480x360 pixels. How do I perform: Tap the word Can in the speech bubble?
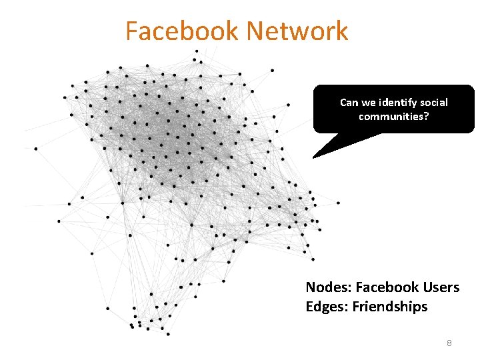349,103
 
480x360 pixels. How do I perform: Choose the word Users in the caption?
441,287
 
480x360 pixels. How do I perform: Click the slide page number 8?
449,343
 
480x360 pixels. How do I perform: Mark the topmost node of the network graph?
196,51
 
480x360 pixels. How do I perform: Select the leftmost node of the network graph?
35,148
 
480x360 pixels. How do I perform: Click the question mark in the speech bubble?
427,117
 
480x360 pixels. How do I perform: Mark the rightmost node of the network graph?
338,203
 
